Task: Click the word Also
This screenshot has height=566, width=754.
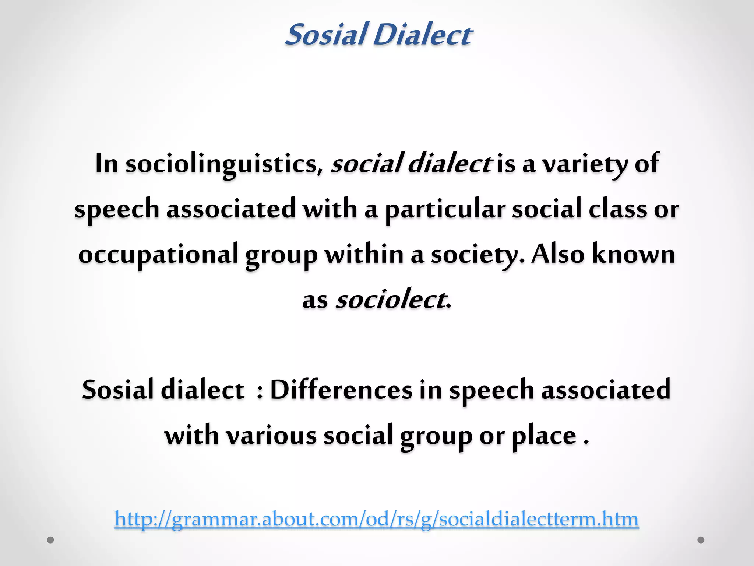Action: pos(558,254)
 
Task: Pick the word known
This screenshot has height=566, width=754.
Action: pos(633,254)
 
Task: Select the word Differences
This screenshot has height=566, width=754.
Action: pos(341,390)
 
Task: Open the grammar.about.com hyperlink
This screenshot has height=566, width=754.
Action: pos(376,519)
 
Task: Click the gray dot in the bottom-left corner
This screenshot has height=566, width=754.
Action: pos(50,540)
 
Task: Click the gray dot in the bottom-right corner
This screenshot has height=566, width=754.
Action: pos(701,540)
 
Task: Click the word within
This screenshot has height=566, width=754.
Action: pos(364,254)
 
